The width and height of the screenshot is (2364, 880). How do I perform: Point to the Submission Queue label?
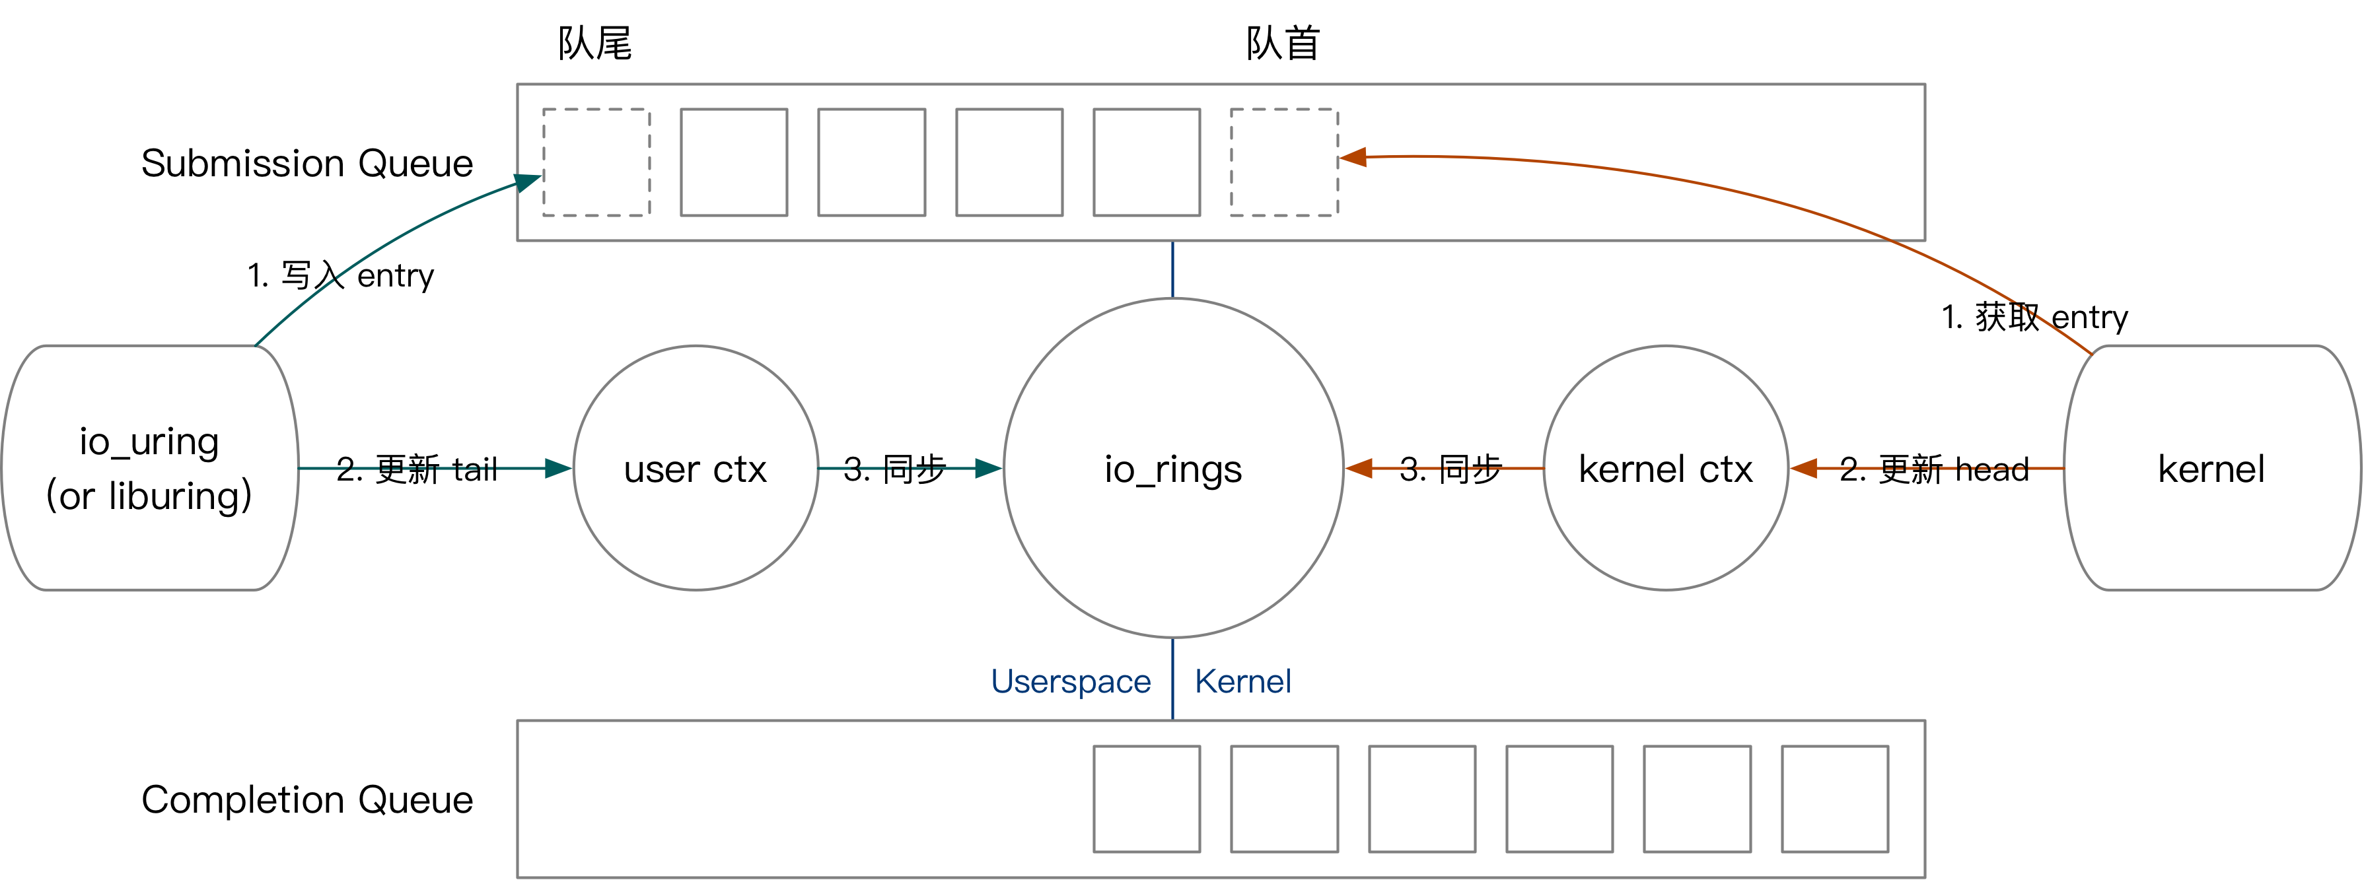click(x=306, y=163)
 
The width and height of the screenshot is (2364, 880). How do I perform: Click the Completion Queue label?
click(x=306, y=799)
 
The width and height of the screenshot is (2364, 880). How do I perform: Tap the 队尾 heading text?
click(x=594, y=43)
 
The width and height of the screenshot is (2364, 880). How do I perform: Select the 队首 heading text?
click(x=1282, y=43)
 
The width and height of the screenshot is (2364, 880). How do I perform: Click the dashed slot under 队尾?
click(x=596, y=162)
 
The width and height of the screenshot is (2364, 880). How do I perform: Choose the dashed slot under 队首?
click(x=1284, y=162)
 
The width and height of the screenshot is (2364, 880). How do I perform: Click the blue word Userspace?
click(x=1070, y=681)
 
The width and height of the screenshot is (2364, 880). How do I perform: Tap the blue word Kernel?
click(x=1242, y=681)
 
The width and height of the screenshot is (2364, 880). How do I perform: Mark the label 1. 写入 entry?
click(x=340, y=275)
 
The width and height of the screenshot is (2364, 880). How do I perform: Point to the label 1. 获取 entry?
click(x=2034, y=318)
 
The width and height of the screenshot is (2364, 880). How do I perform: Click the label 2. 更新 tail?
click(x=417, y=469)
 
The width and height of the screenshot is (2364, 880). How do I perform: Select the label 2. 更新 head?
click(x=1933, y=469)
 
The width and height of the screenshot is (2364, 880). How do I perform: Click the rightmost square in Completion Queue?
click(x=1834, y=798)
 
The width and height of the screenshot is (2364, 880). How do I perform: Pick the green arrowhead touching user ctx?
click(x=557, y=469)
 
